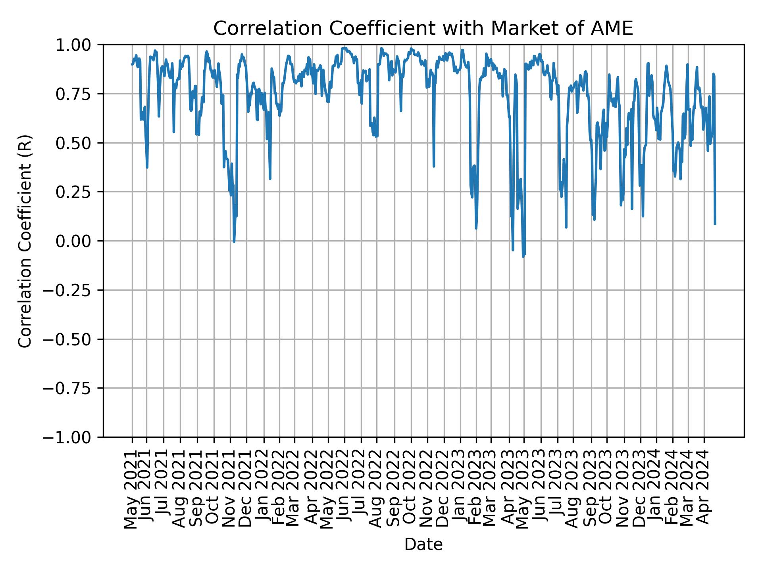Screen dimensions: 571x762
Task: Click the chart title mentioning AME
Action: (x=423, y=29)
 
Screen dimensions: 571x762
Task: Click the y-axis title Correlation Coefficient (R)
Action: (x=25, y=241)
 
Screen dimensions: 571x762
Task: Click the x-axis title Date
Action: (x=423, y=544)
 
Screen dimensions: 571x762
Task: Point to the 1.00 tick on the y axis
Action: (x=78, y=45)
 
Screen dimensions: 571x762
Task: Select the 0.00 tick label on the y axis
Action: (x=78, y=241)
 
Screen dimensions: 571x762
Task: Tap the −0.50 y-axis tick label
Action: (x=72, y=339)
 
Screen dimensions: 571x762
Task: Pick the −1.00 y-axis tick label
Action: (x=72, y=437)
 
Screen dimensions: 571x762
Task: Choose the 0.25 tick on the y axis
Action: (x=78, y=192)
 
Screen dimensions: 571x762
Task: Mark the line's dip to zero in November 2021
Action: (x=234, y=241)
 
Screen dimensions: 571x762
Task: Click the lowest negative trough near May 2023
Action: (x=523, y=256)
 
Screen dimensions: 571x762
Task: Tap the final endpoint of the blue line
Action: (x=715, y=224)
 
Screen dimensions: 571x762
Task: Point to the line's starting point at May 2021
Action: (x=132, y=64)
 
